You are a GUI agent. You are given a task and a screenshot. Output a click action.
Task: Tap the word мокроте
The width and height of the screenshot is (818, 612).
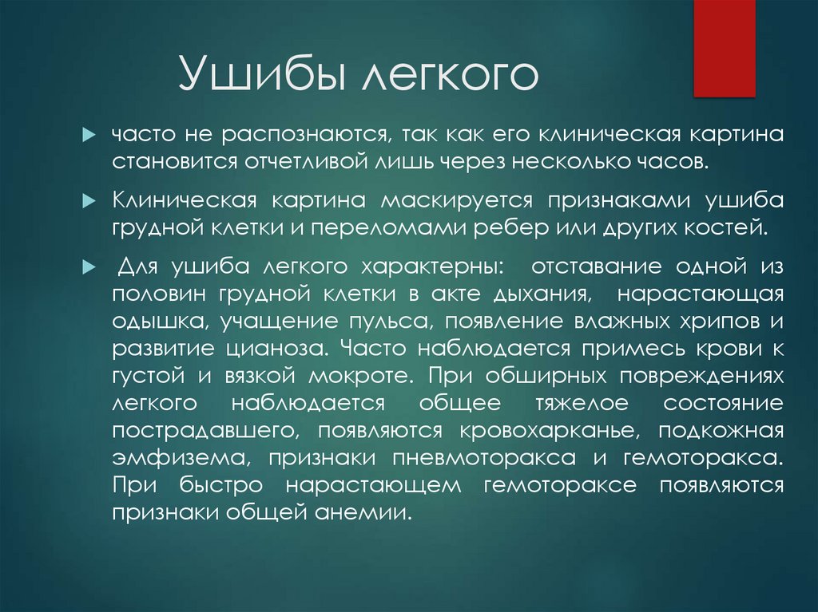point(362,376)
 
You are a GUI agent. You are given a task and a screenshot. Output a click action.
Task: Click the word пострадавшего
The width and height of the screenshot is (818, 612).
point(201,431)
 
